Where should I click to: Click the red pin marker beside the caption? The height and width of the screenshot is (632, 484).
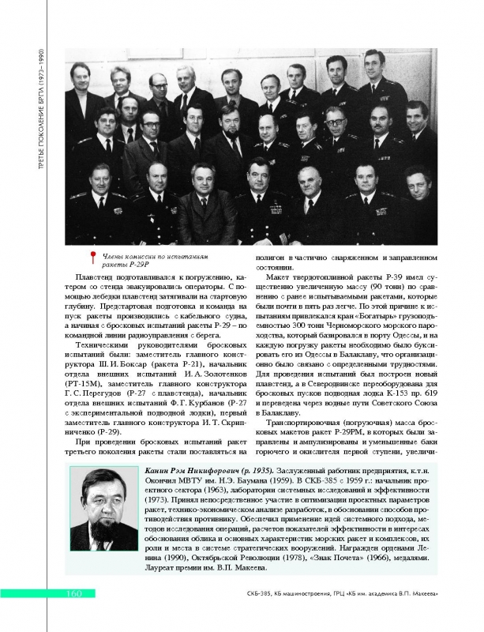point(94,258)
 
